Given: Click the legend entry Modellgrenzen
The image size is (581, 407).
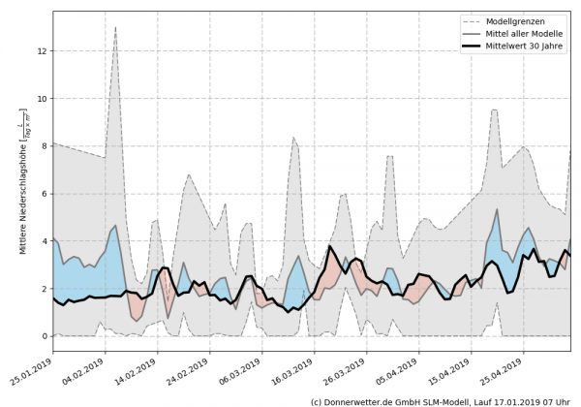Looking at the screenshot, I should point(514,19).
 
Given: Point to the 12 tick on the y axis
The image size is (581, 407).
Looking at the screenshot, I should point(42,51).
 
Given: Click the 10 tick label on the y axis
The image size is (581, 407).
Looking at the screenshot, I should point(42,99).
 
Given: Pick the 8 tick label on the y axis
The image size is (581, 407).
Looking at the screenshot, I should point(44,146).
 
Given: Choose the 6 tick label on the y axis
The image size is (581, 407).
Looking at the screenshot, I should point(44,194).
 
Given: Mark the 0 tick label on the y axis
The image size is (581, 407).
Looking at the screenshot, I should point(44,336).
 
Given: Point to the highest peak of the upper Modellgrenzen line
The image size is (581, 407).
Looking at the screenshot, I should point(115,27).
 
